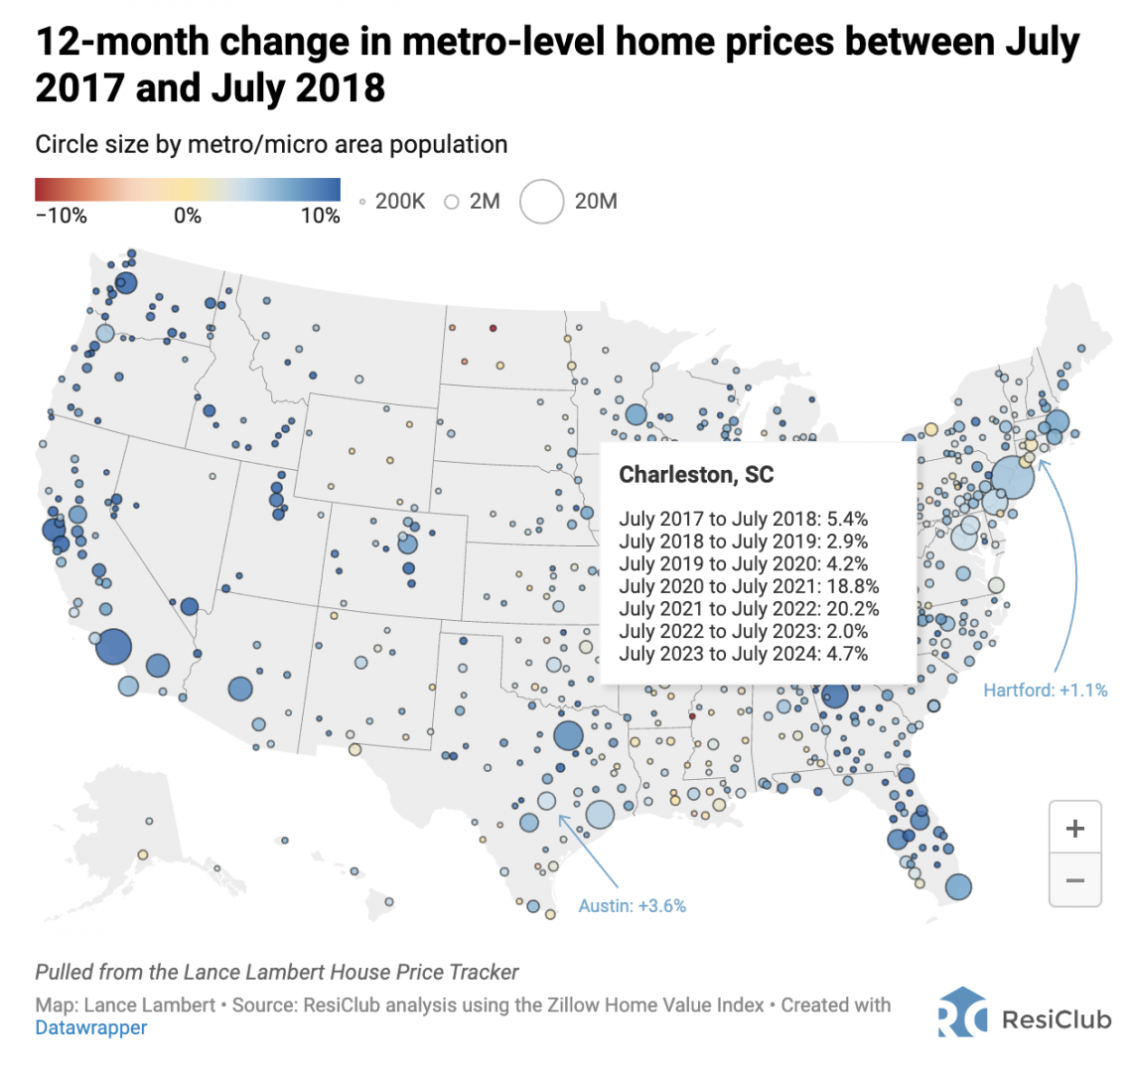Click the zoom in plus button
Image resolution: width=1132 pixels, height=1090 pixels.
coord(1075,828)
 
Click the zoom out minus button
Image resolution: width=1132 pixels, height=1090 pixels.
coord(1075,880)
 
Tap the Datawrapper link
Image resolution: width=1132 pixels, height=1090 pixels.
coord(91,1027)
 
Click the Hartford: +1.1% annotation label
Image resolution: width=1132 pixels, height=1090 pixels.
coord(1046,691)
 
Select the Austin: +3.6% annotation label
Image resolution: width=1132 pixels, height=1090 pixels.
coord(633,906)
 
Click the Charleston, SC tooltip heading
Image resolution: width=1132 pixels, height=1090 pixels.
coord(697,475)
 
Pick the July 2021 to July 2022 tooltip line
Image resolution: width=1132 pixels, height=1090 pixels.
coord(750,609)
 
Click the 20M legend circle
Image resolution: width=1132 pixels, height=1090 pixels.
coord(541,202)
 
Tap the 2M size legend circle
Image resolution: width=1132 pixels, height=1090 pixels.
coord(452,203)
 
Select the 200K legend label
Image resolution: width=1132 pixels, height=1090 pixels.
coord(400,202)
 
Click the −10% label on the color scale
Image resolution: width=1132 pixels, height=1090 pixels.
coord(62,216)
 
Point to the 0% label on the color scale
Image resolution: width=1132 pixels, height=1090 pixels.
coord(188,216)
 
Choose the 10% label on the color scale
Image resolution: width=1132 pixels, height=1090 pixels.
coord(321,216)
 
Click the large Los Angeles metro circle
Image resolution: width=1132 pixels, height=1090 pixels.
coord(113,647)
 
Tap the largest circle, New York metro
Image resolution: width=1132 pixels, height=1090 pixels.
coord(1012,477)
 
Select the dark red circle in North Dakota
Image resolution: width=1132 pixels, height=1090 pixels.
coord(494,328)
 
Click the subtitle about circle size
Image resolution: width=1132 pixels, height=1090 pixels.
coord(271,144)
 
